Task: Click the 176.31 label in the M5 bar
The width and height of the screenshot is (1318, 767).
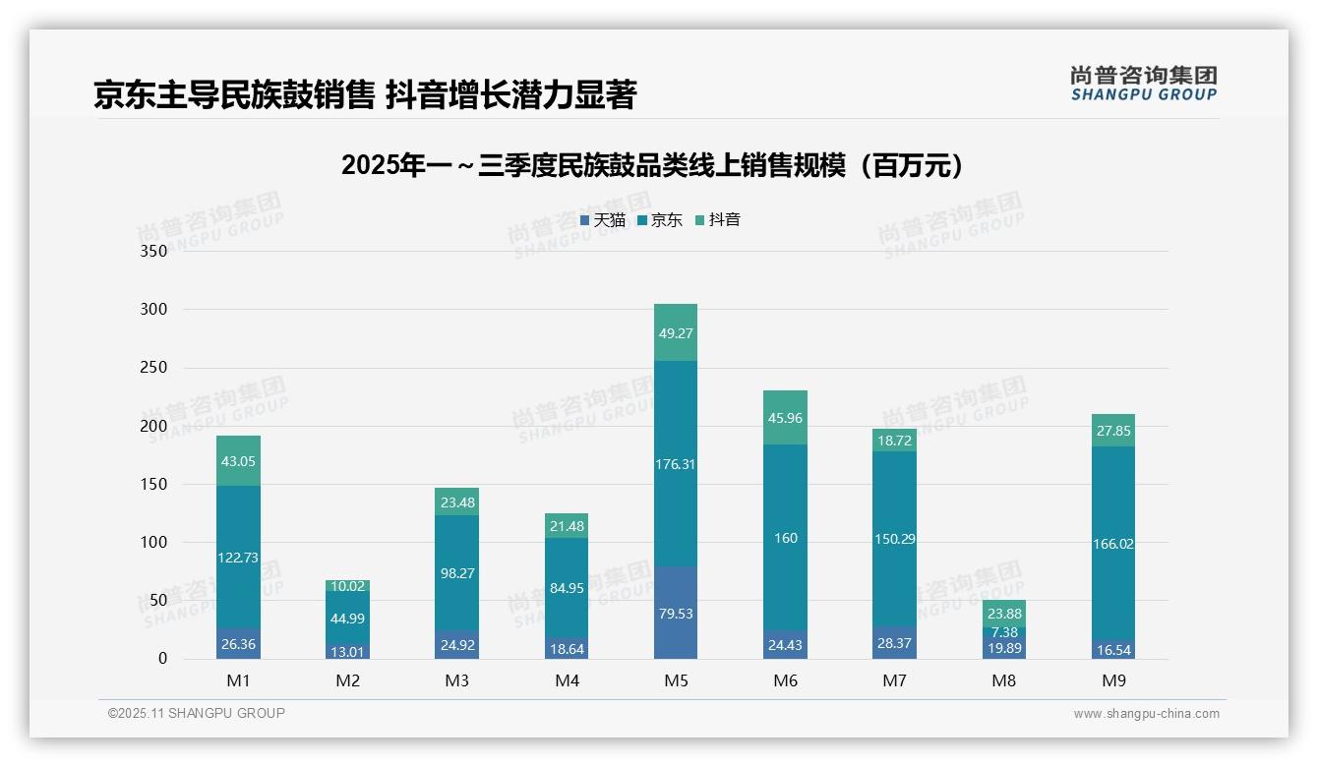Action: (675, 464)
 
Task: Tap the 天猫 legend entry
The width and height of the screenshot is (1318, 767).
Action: (603, 220)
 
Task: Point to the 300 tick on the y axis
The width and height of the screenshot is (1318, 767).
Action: (153, 309)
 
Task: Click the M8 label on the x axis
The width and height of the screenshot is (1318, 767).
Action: (1003, 680)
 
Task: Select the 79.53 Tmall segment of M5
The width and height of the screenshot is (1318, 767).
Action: (675, 614)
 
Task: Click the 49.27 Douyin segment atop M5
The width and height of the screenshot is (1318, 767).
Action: (675, 333)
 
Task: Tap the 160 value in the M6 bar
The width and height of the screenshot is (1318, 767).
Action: (785, 538)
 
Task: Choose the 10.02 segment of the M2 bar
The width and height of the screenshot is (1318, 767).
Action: (347, 586)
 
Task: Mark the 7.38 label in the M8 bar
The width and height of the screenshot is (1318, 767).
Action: (1004, 632)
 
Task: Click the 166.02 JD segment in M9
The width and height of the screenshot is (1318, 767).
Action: (1112, 543)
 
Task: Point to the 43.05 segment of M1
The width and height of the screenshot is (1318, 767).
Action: (238, 461)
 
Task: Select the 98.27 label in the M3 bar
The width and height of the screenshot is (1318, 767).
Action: (456, 572)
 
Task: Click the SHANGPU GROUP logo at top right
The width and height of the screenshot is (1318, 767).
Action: (1143, 84)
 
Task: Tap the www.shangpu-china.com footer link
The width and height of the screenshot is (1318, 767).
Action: (1146, 714)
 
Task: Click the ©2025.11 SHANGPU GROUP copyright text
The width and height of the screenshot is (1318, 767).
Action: (197, 714)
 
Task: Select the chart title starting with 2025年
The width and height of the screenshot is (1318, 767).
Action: (651, 166)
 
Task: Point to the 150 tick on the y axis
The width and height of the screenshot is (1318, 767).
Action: (153, 484)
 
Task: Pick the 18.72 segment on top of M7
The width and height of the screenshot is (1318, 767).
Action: (894, 442)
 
